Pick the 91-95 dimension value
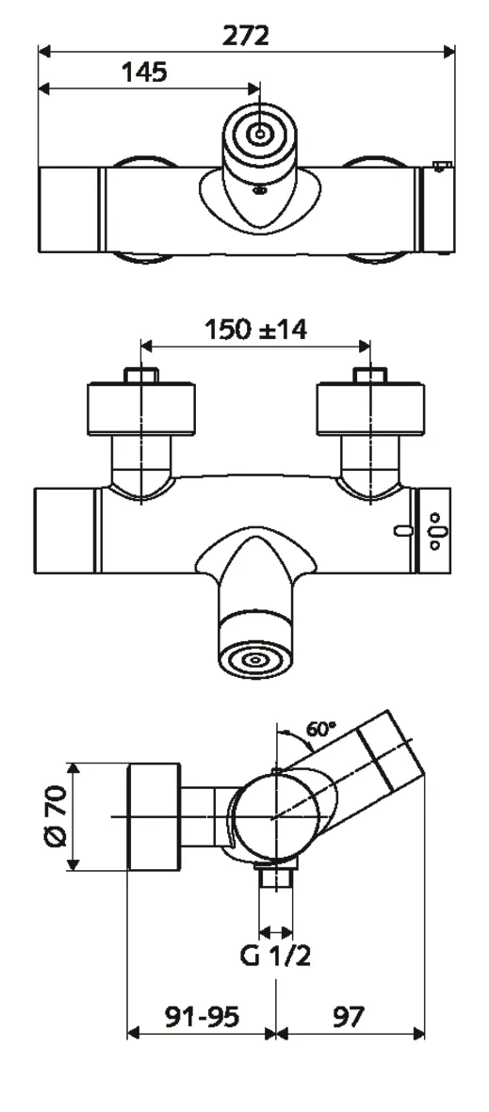tap(202, 1016)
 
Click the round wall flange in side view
tap(153, 816)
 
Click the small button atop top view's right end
tap(439, 167)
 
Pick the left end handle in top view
tap(69, 210)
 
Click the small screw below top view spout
tap(261, 192)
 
